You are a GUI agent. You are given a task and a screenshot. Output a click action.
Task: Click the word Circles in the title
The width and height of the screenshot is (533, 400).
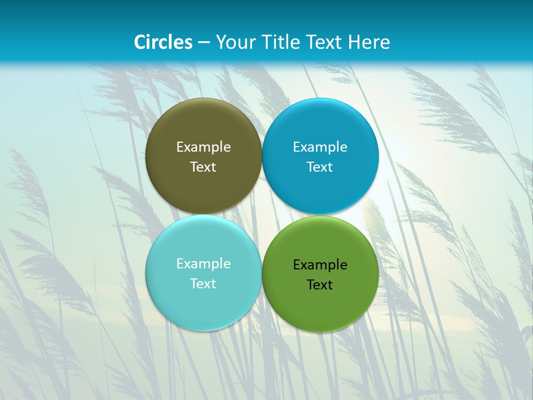point(163,42)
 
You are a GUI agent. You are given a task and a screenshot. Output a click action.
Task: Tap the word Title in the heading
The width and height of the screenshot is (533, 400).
point(281,42)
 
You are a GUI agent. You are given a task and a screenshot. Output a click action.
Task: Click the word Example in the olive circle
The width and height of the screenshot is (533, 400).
point(203,147)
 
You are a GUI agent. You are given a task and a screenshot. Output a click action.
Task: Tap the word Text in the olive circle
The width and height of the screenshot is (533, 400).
point(203,167)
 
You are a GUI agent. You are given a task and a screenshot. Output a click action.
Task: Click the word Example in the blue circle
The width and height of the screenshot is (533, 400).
point(320,147)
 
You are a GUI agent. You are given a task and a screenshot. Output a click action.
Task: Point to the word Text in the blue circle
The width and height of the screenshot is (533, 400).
point(320,167)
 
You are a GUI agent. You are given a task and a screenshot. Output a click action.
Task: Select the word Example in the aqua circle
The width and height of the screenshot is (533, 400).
point(203,264)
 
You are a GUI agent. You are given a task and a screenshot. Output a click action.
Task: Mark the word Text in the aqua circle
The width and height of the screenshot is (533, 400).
point(203,284)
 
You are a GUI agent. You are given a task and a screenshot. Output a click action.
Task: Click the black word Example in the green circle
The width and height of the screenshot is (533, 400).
point(320,265)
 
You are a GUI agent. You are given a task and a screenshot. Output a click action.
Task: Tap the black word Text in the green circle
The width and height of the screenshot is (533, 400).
point(320,285)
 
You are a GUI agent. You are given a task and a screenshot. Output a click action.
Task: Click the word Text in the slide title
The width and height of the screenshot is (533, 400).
point(325,42)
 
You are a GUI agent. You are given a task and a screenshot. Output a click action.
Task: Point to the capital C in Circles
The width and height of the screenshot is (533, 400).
point(140,42)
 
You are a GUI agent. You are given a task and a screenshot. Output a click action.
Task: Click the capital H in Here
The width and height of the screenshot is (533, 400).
point(354,42)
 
